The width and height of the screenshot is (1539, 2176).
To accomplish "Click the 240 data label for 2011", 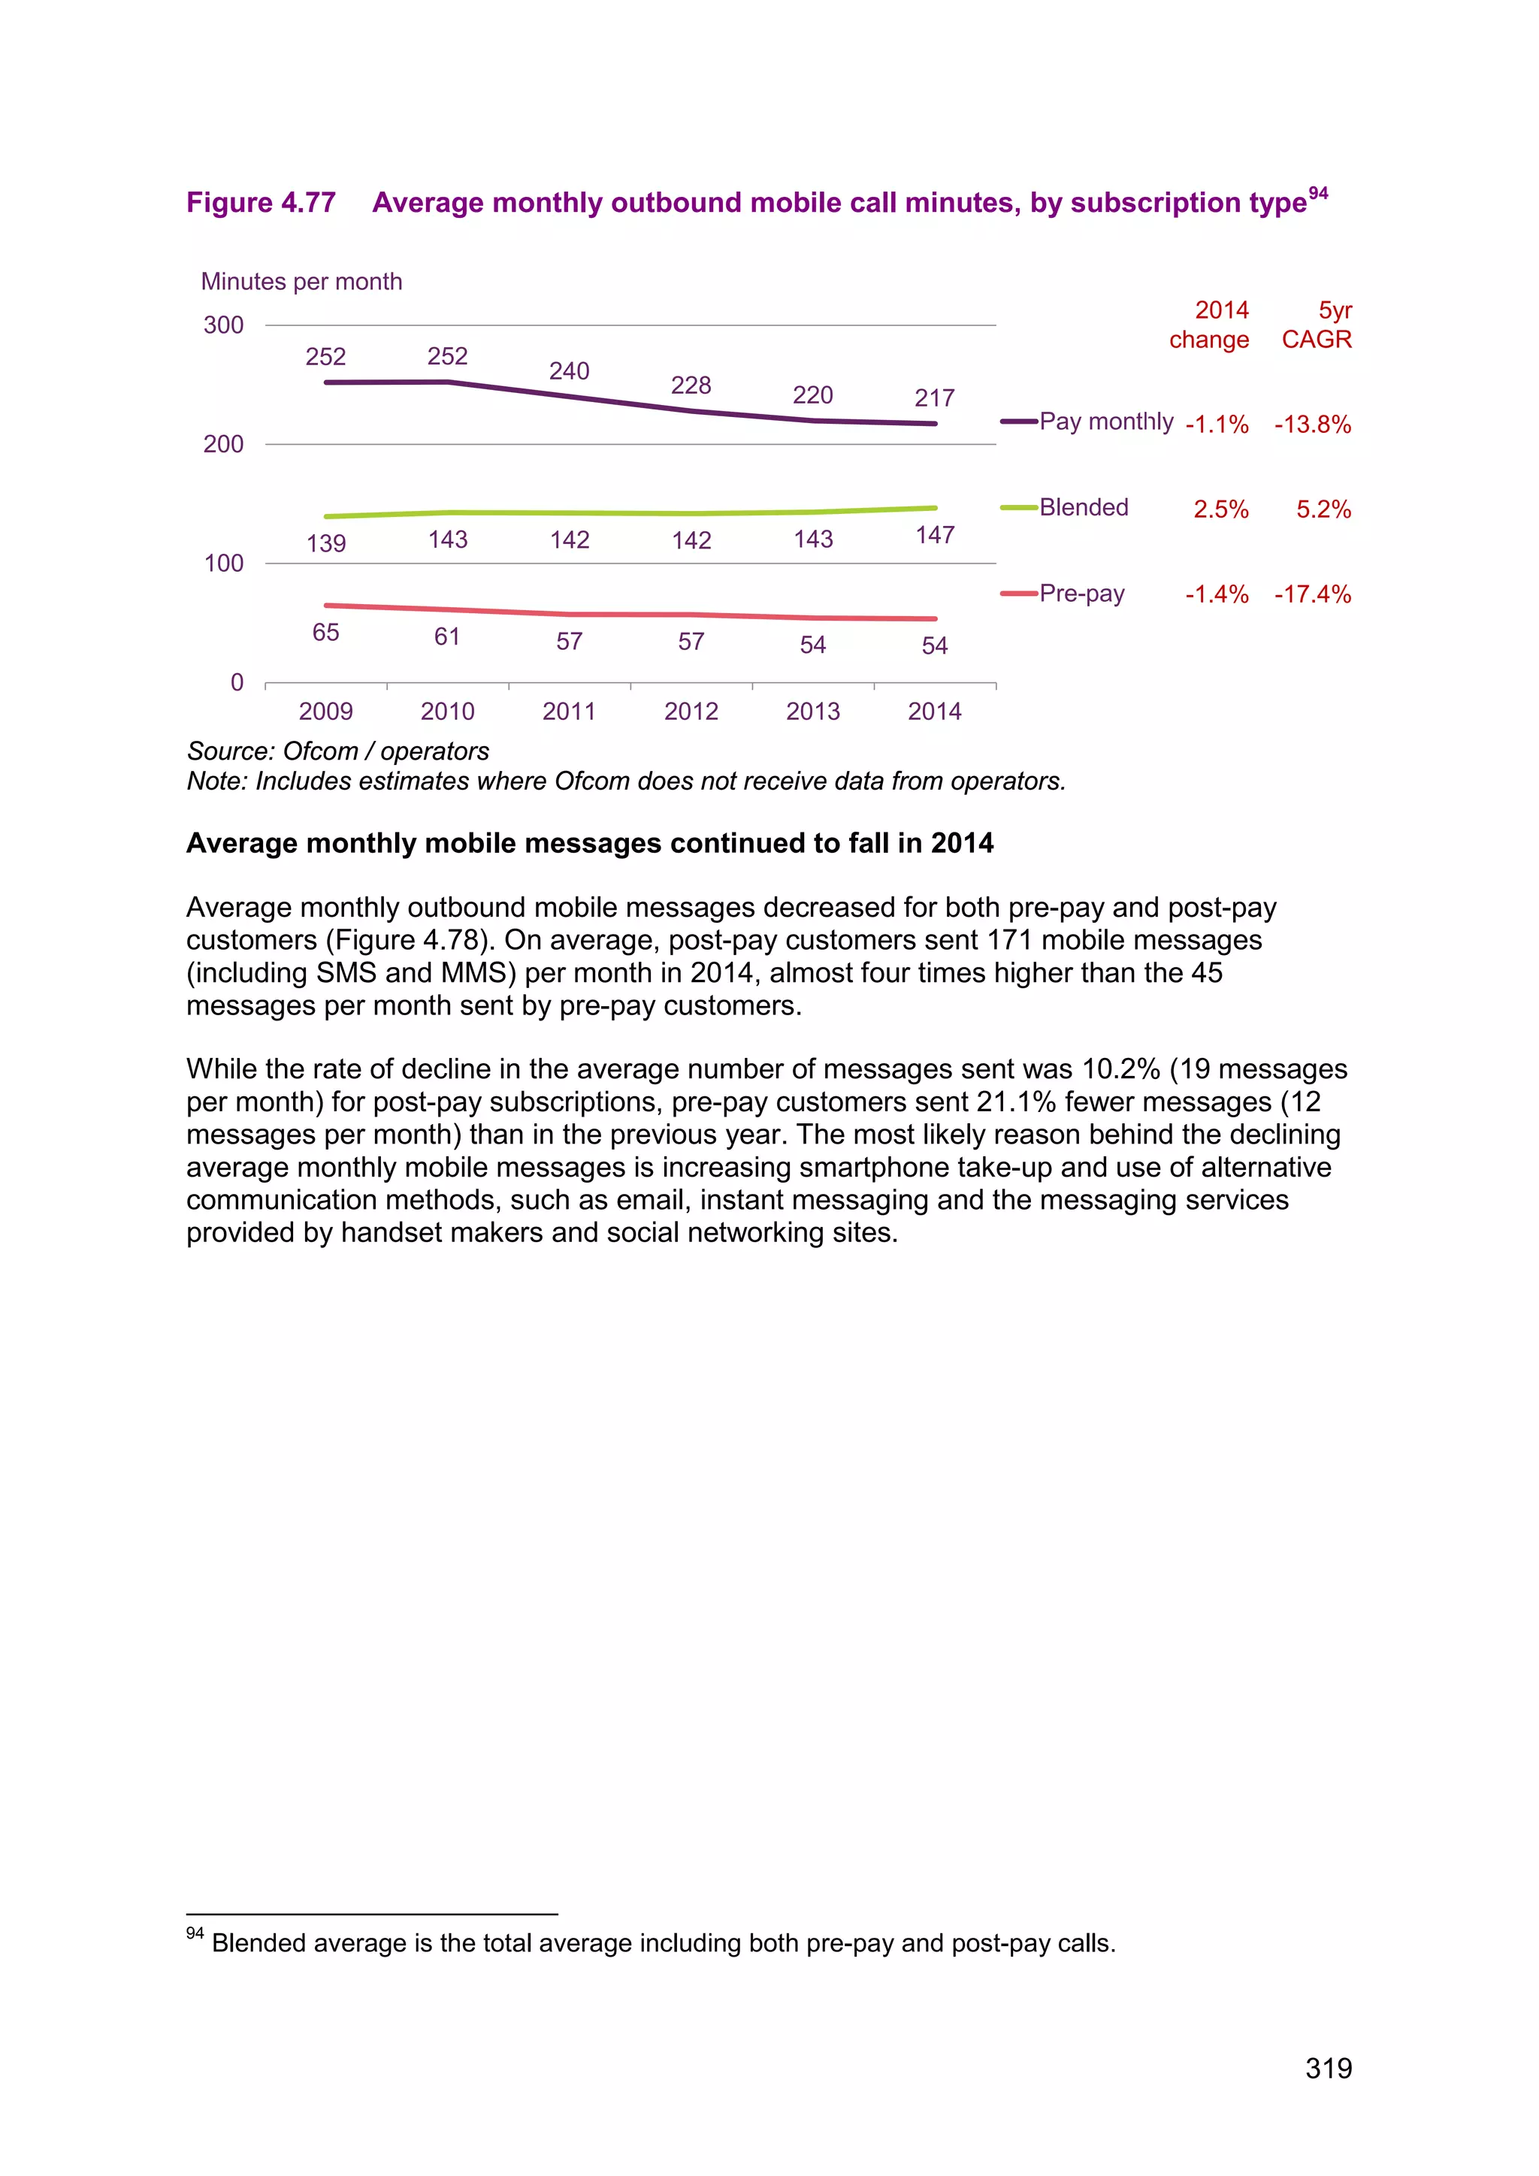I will pos(569,370).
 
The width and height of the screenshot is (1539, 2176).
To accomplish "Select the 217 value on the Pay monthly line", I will pos(934,398).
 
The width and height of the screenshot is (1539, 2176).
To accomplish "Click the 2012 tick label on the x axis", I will pos(691,711).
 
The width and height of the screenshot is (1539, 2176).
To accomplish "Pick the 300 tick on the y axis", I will pos(224,325).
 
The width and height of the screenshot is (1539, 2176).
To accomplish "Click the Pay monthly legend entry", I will pos(1105,421).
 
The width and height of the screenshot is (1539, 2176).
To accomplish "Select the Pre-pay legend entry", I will pos(1081,594).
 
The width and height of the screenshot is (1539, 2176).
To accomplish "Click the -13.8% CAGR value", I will pos(1313,425).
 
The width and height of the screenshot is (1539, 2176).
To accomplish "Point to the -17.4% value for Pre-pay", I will pos(1313,594).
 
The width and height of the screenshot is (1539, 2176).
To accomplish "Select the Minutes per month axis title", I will pos(301,282).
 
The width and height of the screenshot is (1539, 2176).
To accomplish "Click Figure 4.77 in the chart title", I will pos(261,203).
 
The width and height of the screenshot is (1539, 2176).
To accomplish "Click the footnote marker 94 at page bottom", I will pos(195,1933).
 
